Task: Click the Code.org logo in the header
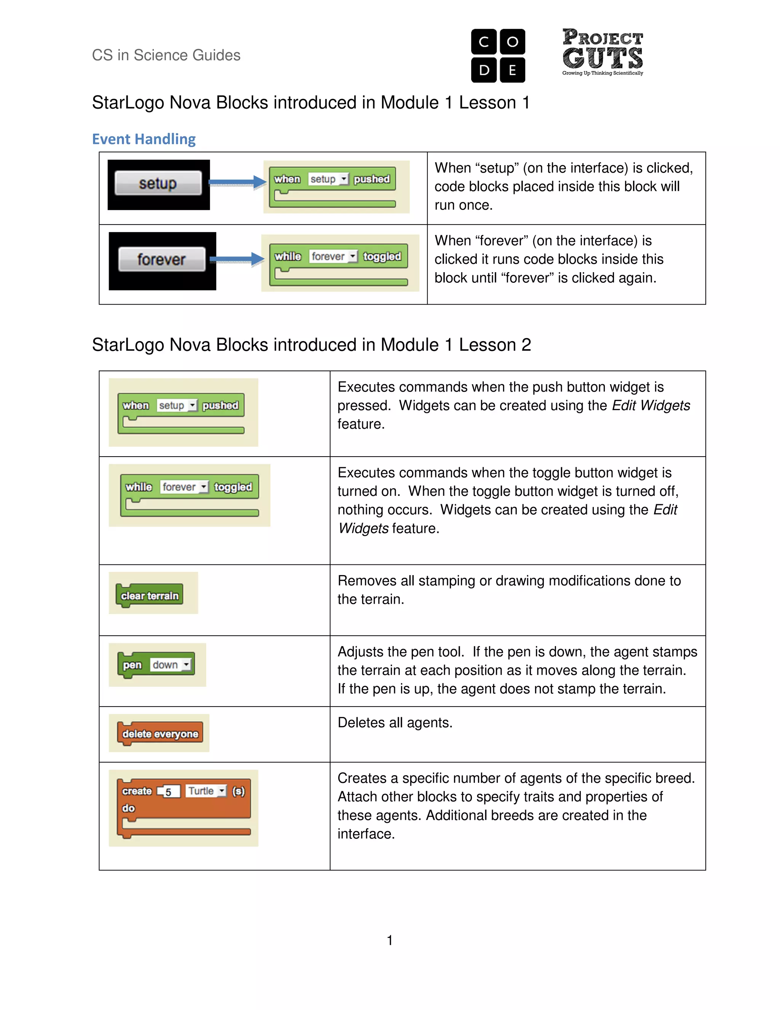(x=498, y=56)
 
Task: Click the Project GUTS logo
(x=602, y=52)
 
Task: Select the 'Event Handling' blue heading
(x=144, y=139)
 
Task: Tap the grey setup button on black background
(x=158, y=183)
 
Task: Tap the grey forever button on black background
(x=161, y=260)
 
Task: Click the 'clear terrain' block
(x=150, y=596)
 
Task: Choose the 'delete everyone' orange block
(x=160, y=734)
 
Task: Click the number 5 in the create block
(x=168, y=792)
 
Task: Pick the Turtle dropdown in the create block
(x=206, y=791)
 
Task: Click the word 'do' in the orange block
(x=128, y=808)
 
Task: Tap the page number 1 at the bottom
(x=390, y=940)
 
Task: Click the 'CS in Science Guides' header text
(x=166, y=55)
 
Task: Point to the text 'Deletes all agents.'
(x=395, y=722)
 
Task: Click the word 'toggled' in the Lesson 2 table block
(x=233, y=487)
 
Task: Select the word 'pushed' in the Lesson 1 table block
(x=371, y=179)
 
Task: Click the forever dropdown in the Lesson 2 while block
(x=184, y=487)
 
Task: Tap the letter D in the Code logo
(x=484, y=70)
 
